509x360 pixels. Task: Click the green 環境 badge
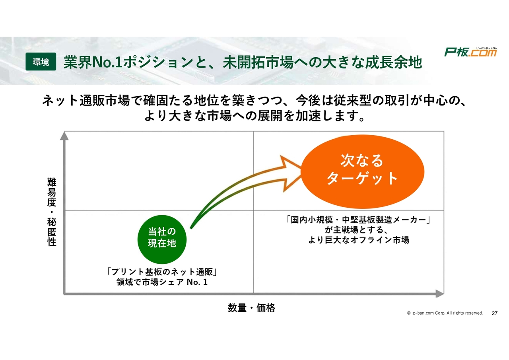[41, 62]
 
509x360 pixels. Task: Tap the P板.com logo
[470, 52]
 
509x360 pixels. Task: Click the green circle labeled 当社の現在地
[162, 239]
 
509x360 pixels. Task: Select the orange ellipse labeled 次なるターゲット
[362, 171]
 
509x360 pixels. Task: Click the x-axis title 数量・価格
[252, 308]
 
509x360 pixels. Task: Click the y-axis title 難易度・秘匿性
[52, 212]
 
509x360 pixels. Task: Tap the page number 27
[495, 313]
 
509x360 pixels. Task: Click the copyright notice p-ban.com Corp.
[445, 313]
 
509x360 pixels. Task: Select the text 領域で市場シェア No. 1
[162, 282]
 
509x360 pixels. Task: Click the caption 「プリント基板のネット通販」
[162, 272]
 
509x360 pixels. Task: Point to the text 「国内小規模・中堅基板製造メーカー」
[358, 220]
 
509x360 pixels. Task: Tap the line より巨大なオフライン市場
[359, 240]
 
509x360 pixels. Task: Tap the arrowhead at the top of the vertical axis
[64, 136]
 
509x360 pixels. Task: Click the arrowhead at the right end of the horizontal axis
[440, 294]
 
